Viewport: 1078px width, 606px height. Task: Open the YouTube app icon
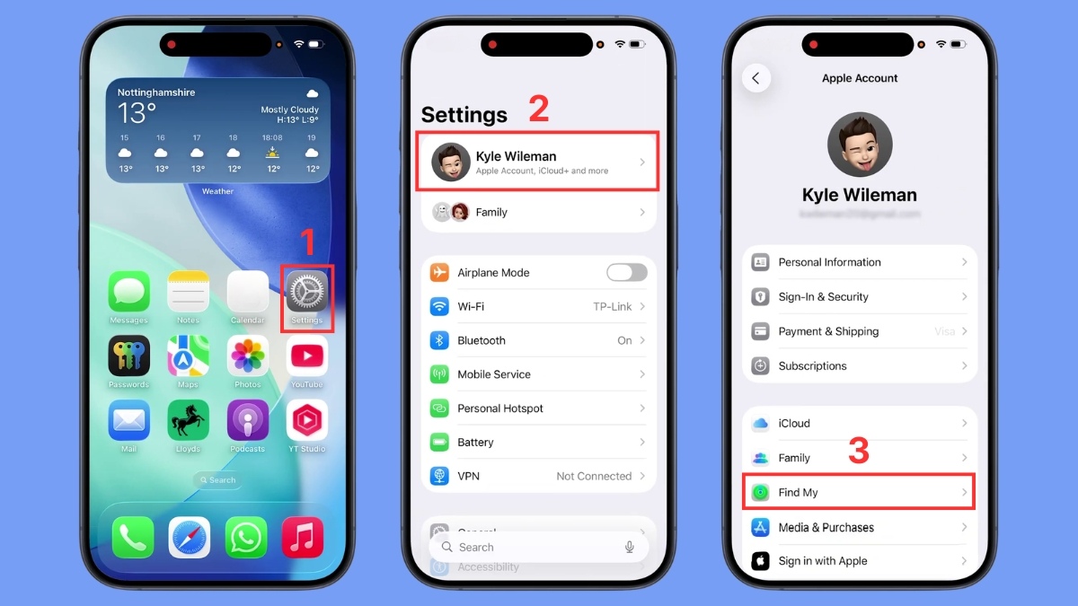click(x=307, y=356)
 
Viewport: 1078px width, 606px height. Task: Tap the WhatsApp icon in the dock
click(x=245, y=537)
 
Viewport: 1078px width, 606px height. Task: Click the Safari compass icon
click(x=190, y=537)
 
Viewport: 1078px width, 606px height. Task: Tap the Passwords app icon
click(x=129, y=356)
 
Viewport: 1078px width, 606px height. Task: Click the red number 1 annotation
click(x=308, y=243)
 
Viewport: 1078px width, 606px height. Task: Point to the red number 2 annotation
click(x=538, y=109)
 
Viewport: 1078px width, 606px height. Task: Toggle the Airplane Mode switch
click(x=626, y=273)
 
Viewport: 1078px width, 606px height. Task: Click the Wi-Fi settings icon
click(x=439, y=307)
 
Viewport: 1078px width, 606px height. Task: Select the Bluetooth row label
click(x=482, y=341)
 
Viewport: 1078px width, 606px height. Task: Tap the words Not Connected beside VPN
click(x=594, y=477)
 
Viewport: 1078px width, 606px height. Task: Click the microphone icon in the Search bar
click(x=630, y=547)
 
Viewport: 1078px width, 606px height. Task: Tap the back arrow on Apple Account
click(x=756, y=78)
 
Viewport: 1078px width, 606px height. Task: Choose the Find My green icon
click(x=761, y=493)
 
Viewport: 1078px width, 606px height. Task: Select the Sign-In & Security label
click(x=823, y=297)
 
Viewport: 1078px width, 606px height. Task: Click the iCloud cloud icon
click(x=761, y=424)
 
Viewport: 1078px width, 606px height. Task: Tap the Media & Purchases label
click(x=826, y=528)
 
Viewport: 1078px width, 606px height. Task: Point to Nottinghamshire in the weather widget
click(x=156, y=92)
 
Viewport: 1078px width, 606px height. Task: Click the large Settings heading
click(x=464, y=115)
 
